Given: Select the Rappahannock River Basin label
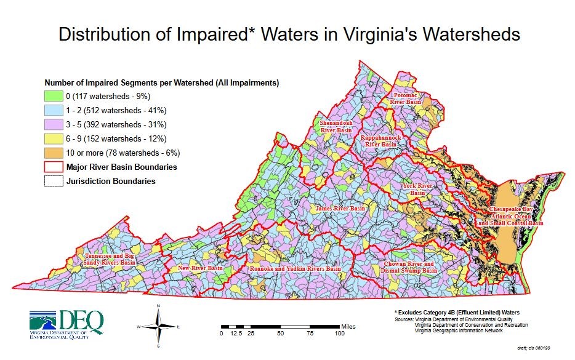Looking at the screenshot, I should pyautogui.click(x=381, y=140).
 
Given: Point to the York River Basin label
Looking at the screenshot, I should pyautogui.click(x=418, y=189).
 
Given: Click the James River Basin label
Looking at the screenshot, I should pyautogui.click(x=340, y=209).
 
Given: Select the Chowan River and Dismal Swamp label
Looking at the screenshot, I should pyautogui.click(x=408, y=267).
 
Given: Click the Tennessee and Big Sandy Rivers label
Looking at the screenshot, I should pyautogui.click(x=110, y=258).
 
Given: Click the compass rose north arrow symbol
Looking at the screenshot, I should pyautogui.click(x=159, y=324).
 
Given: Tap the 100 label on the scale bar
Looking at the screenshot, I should pyautogui.click(x=339, y=334).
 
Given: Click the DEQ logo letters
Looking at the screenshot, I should pyautogui.click(x=81, y=321).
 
